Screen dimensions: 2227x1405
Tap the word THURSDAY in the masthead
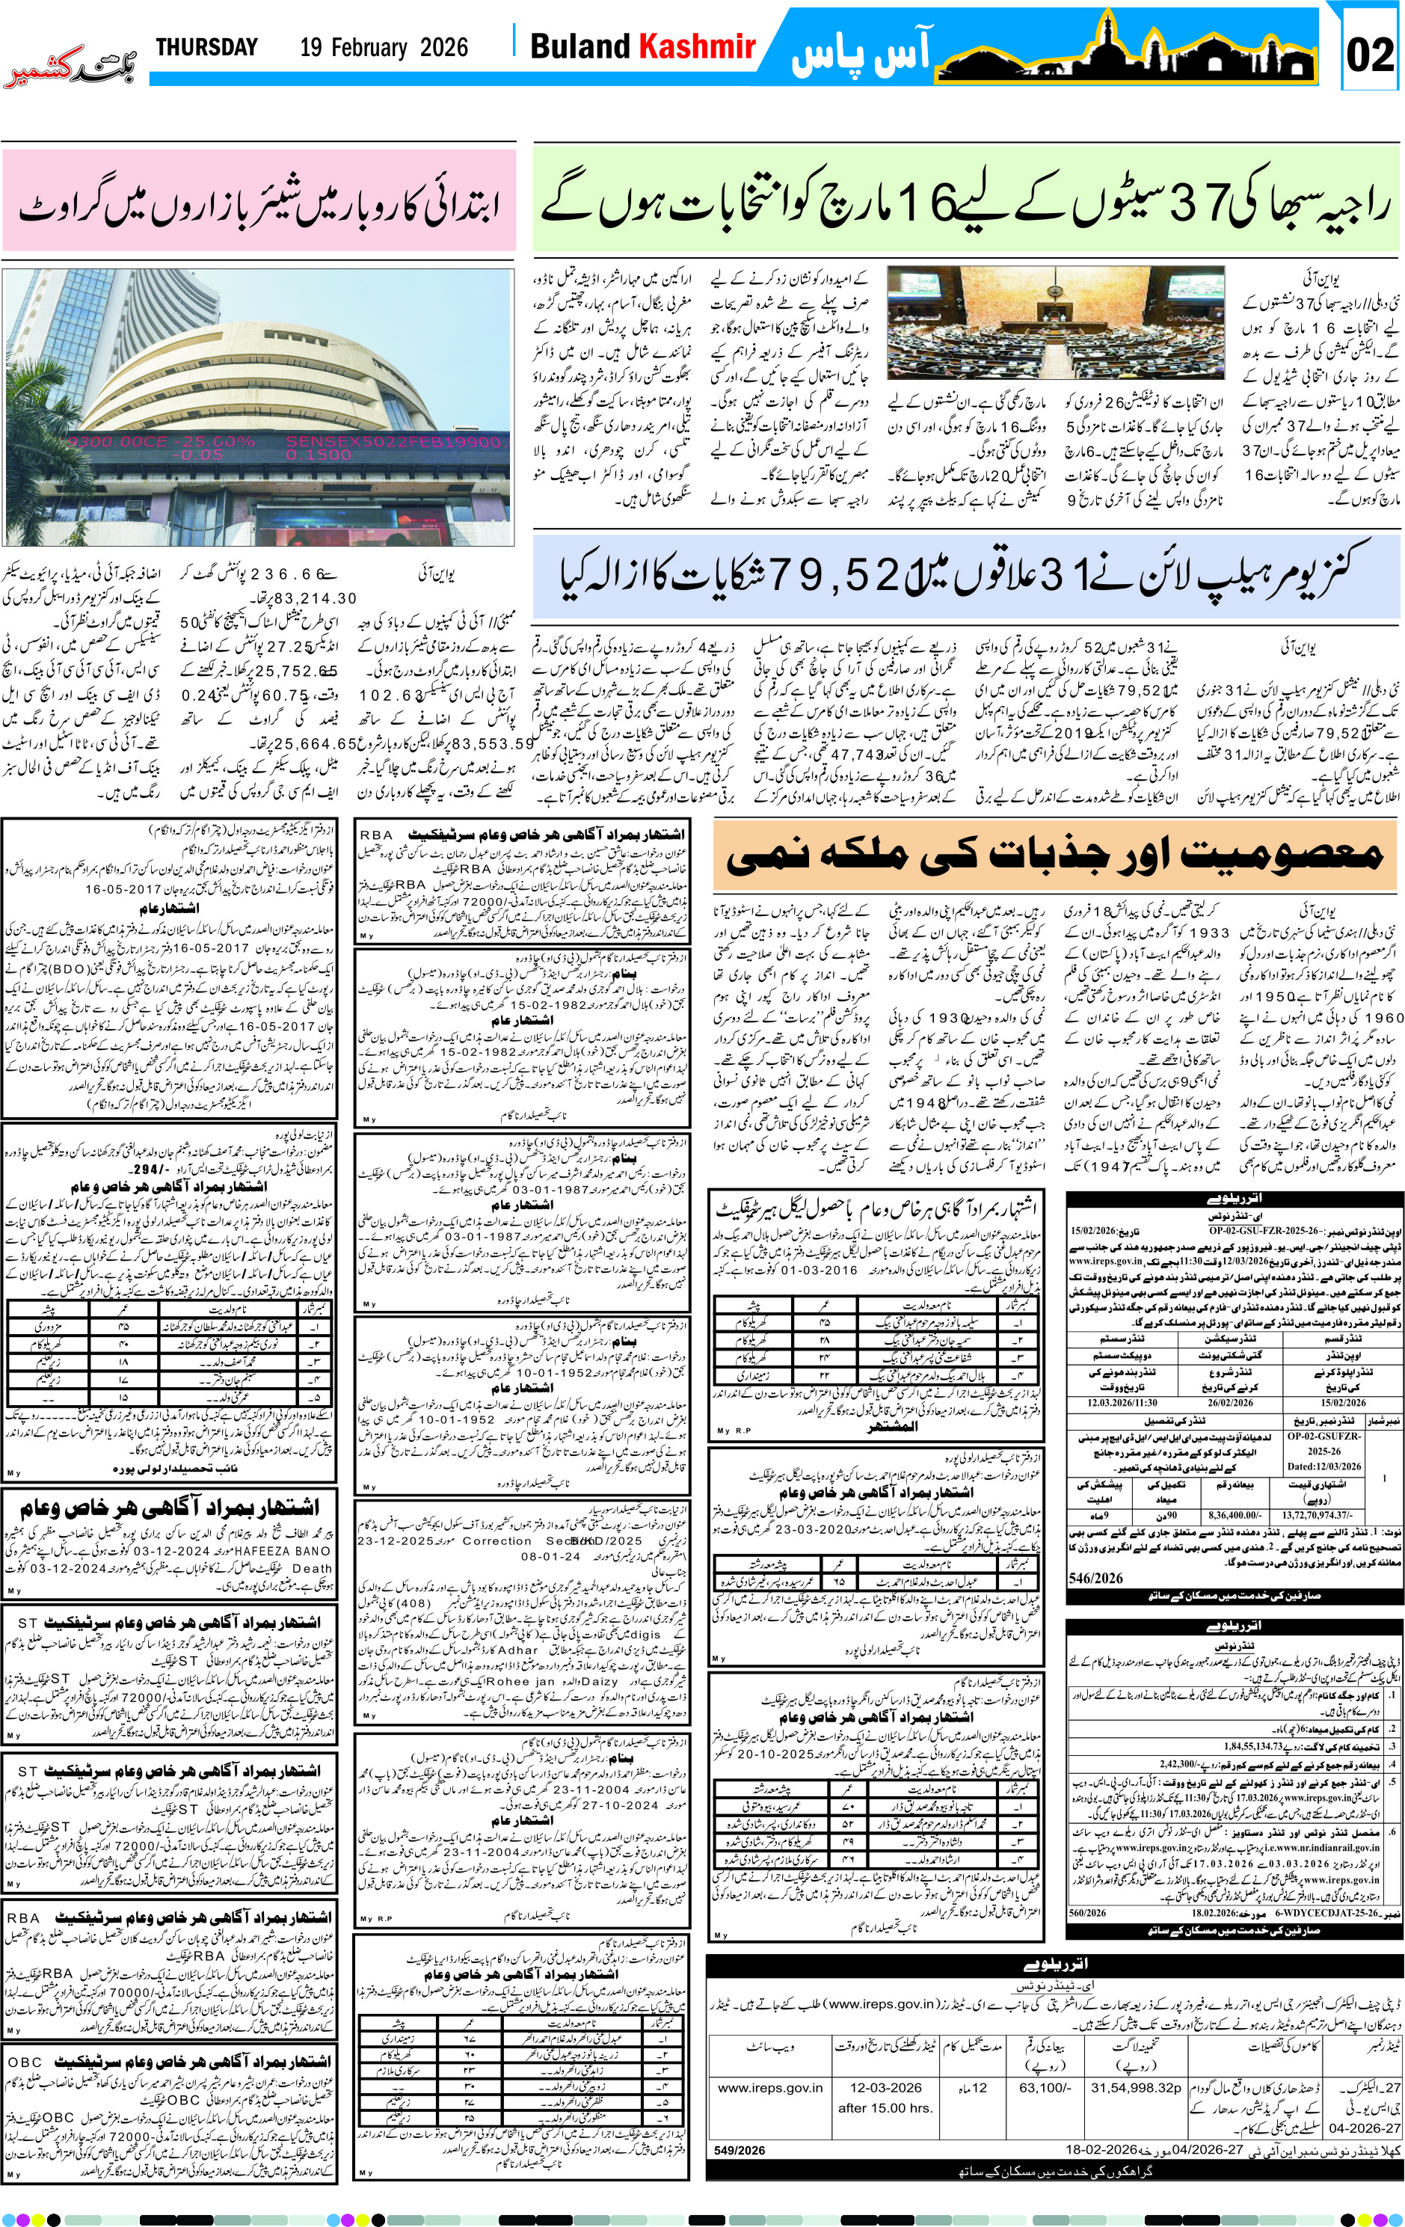(206, 47)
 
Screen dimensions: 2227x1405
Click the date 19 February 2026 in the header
(384, 48)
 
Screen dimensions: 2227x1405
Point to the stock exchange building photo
(257, 407)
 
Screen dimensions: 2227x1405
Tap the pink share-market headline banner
(258, 200)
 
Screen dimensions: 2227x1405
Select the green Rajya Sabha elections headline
(965, 200)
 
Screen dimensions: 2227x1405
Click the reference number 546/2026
(1096, 1578)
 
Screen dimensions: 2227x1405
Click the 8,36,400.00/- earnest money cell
(1234, 1516)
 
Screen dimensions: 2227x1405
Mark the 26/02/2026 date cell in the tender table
(1230, 1402)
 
